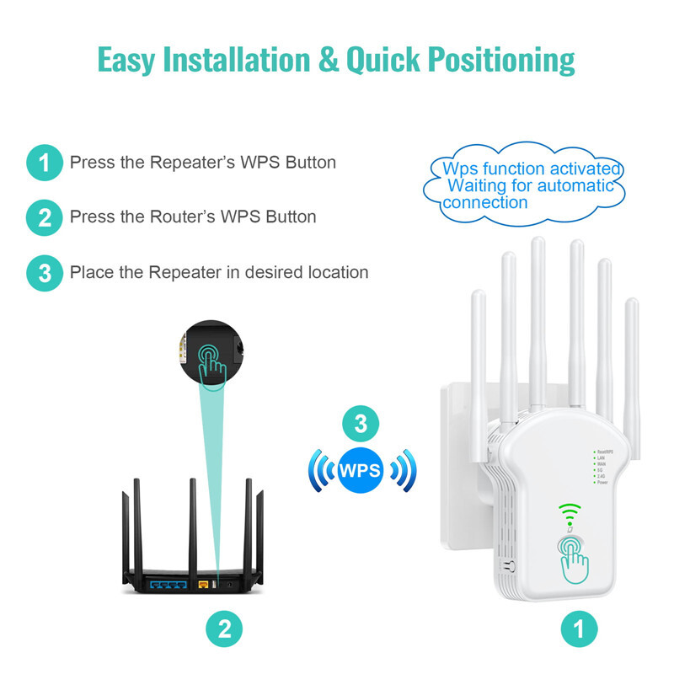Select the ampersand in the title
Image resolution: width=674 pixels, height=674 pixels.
click(333, 60)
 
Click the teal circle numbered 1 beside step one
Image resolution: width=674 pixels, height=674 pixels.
click(44, 163)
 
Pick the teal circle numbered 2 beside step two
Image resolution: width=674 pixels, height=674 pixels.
click(44, 217)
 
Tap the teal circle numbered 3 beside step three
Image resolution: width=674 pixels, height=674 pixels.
click(44, 273)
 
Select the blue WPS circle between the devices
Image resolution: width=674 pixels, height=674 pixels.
click(361, 468)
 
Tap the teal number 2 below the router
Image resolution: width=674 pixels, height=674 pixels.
click(224, 629)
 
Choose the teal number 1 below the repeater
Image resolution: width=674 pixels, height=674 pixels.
click(580, 629)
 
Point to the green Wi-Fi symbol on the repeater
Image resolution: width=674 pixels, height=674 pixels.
click(571, 511)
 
